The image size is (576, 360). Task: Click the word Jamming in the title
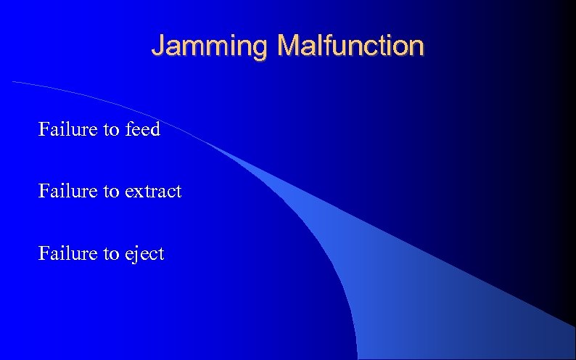coord(210,46)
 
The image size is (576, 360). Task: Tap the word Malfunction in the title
coord(350,46)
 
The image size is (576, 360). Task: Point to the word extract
coord(153,192)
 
